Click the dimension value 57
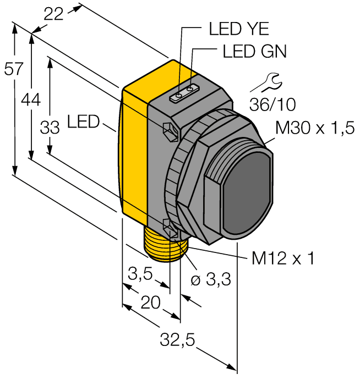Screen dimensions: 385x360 [14, 69]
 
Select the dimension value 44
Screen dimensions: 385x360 [31, 100]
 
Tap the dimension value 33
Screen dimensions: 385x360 [50, 128]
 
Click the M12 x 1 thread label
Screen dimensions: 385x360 [283, 258]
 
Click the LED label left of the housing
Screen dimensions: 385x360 [83, 121]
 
